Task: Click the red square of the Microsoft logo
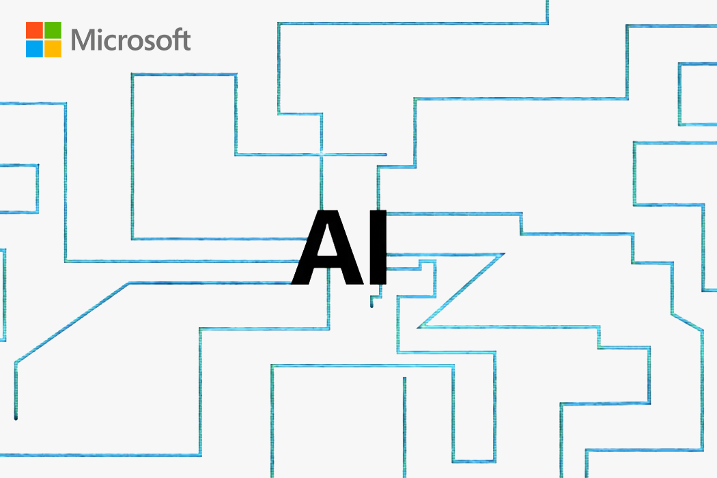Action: point(34,30)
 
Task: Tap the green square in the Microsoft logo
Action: point(53,30)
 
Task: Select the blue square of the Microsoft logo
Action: point(34,49)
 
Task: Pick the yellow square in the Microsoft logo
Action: point(53,49)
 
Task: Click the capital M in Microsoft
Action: point(83,40)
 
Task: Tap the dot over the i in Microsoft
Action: point(100,30)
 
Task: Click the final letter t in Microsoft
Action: point(185,41)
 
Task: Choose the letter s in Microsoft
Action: point(145,42)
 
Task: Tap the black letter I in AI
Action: point(378,247)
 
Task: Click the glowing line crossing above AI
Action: point(321,154)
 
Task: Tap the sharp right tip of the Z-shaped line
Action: point(503,254)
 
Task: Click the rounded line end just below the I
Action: point(371,305)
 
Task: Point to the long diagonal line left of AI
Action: point(72,322)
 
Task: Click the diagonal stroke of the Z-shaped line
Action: point(461,290)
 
